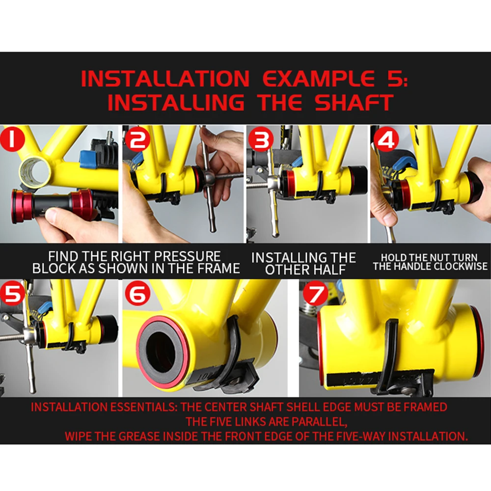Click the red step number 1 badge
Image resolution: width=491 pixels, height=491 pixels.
[x=12, y=139]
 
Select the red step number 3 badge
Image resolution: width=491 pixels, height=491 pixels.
[x=261, y=139]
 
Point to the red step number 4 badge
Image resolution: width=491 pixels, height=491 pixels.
[x=386, y=139]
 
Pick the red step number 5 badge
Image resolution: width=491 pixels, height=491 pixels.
[x=12, y=293]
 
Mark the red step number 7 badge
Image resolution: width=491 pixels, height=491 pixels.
[x=315, y=294]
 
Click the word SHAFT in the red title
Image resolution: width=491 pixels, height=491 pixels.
[x=354, y=103]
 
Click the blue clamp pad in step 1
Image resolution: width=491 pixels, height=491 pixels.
[x=88, y=159]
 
